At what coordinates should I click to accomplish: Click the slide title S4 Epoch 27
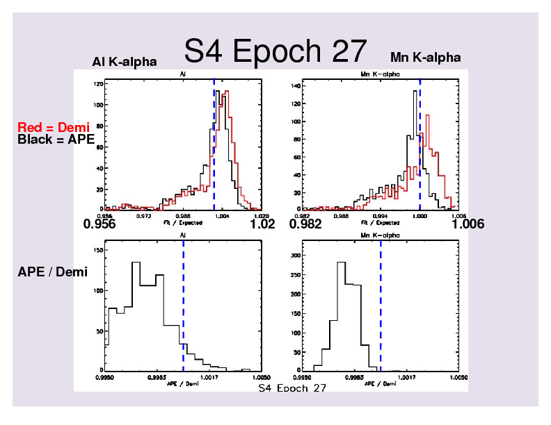click(x=275, y=51)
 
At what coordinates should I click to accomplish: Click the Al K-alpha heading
click(x=125, y=62)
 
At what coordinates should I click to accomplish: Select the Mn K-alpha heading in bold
click(x=425, y=58)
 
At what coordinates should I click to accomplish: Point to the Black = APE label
click(x=55, y=139)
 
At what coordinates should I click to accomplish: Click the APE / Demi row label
click(x=52, y=272)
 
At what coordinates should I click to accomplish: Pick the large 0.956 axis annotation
click(x=99, y=224)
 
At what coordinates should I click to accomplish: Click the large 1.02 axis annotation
click(x=262, y=224)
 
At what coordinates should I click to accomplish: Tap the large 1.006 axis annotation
click(x=468, y=224)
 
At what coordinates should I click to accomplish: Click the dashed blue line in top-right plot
click(x=420, y=139)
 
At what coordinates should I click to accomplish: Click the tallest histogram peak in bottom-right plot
click(x=341, y=264)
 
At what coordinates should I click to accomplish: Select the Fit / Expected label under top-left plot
click(x=183, y=222)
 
